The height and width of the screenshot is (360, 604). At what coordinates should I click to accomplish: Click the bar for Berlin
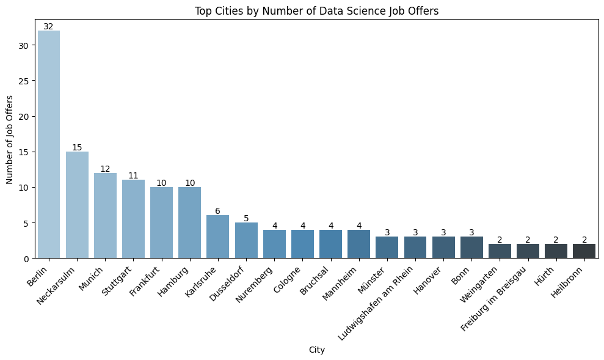(49, 144)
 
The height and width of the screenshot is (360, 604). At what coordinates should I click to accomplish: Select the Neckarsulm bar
(77, 205)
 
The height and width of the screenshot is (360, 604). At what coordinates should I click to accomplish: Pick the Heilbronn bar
(584, 251)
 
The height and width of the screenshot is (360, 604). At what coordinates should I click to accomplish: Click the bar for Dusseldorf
(246, 240)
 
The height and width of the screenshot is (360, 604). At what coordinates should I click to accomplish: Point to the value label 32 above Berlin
(49, 26)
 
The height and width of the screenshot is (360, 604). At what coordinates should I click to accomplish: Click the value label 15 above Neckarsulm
(77, 147)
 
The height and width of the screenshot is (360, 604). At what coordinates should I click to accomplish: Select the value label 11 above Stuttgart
(133, 175)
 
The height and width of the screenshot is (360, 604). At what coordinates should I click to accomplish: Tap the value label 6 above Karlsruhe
(218, 211)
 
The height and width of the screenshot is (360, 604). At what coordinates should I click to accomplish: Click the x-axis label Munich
(92, 277)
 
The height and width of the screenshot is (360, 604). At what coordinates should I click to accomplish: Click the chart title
(316, 10)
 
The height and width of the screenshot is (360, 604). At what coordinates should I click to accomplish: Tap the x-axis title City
(316, 350)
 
